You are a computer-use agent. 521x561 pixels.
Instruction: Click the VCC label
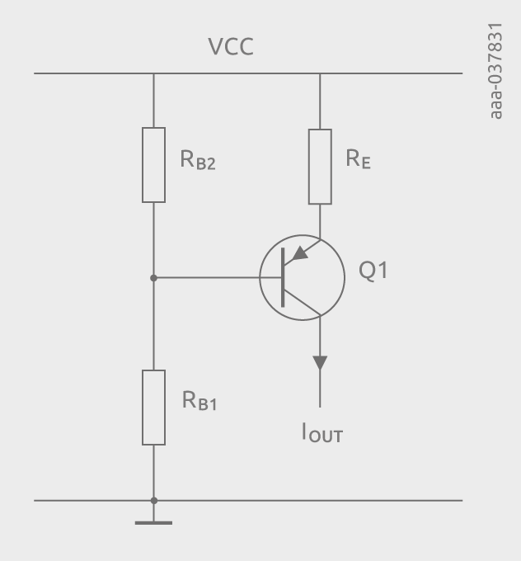231,47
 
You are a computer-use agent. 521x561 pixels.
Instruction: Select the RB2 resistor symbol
153,164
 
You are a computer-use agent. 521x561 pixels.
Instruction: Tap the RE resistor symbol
320,166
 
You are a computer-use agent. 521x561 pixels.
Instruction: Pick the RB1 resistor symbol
153,408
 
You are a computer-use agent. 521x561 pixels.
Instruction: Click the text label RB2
198,162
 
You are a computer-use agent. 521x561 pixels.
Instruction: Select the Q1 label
373,270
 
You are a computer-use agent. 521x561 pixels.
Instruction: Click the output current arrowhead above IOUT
320,362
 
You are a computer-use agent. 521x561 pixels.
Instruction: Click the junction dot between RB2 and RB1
153,278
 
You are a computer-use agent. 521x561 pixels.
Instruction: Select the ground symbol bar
153,522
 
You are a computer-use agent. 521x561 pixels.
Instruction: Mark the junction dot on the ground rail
153,500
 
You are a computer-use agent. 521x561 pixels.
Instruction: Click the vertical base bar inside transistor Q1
284,278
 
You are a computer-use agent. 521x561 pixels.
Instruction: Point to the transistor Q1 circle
302,278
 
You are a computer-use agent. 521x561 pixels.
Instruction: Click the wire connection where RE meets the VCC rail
320,73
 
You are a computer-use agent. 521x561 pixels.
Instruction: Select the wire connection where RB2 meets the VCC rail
153,73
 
